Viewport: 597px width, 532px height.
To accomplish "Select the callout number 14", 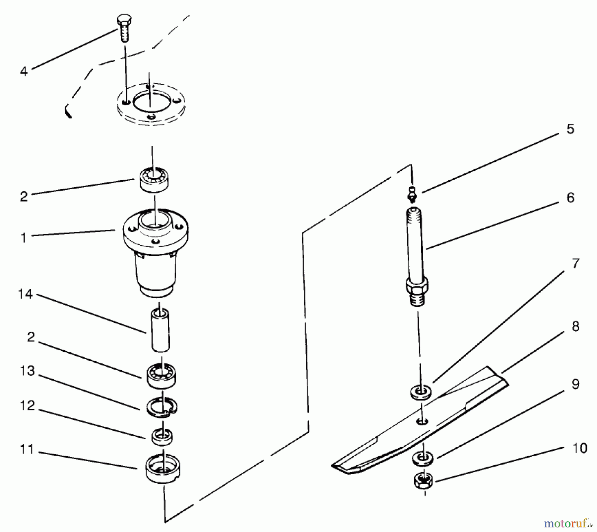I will tap(26, 294).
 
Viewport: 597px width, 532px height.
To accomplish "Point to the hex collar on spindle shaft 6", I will tap(417, 285).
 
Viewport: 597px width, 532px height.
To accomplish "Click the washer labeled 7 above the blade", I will tap(421, 392).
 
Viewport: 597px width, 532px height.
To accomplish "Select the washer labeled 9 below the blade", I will tap(423, 459).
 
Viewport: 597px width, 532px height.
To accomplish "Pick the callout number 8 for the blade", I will tap(575, 326).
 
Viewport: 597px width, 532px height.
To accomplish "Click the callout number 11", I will tap(27, 450).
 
